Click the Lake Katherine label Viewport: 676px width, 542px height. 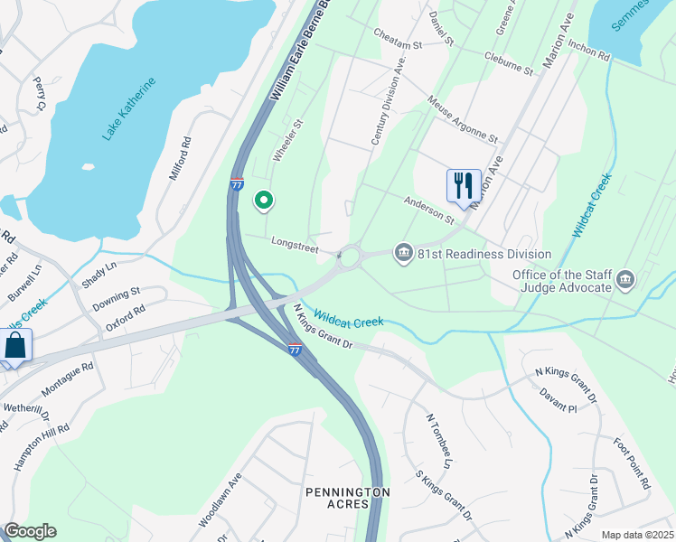click(x=128, y=108)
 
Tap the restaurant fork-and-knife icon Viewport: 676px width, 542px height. click(x=464, y=185)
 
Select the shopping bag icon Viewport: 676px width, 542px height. click(x=15, y=345)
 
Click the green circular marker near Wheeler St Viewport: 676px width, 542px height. click(x=264, y=200)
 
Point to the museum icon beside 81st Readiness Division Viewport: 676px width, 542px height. click(x=404, y=253)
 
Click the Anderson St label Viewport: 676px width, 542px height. click(x=428, y=210)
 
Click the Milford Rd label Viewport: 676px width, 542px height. click(x=181, y=159)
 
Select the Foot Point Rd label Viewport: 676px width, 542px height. click(x=632, y=463)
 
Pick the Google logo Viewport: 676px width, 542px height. click(x=30, y=531)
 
